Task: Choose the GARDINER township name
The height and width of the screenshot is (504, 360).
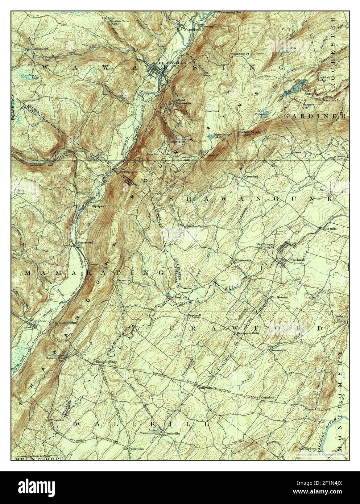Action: coord(314,116)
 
